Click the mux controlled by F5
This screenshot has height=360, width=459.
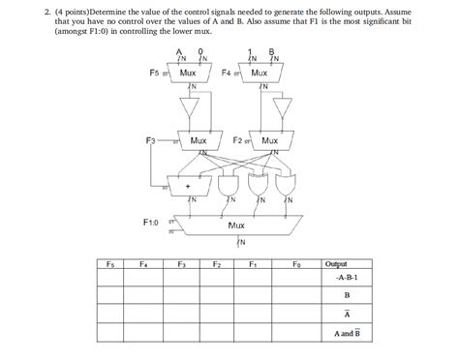pyautogui.click(x=188, y=73)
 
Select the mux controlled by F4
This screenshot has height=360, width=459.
pyautogui.click(x=259, y=73)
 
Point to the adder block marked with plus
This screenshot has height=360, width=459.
pyautogui.click(x=188, y=184)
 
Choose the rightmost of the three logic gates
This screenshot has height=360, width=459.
pyautogui.click(x=289, y=182)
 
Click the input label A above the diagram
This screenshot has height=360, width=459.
pyautogui.click(x=178, y=51)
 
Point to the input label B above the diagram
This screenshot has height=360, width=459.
pyautogui.click(x=272, y=51)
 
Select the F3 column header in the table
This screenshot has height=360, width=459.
pyautogui.click(x=180, y=263)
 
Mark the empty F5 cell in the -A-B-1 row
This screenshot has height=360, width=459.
pyautogui.click(x=107, y=276)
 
